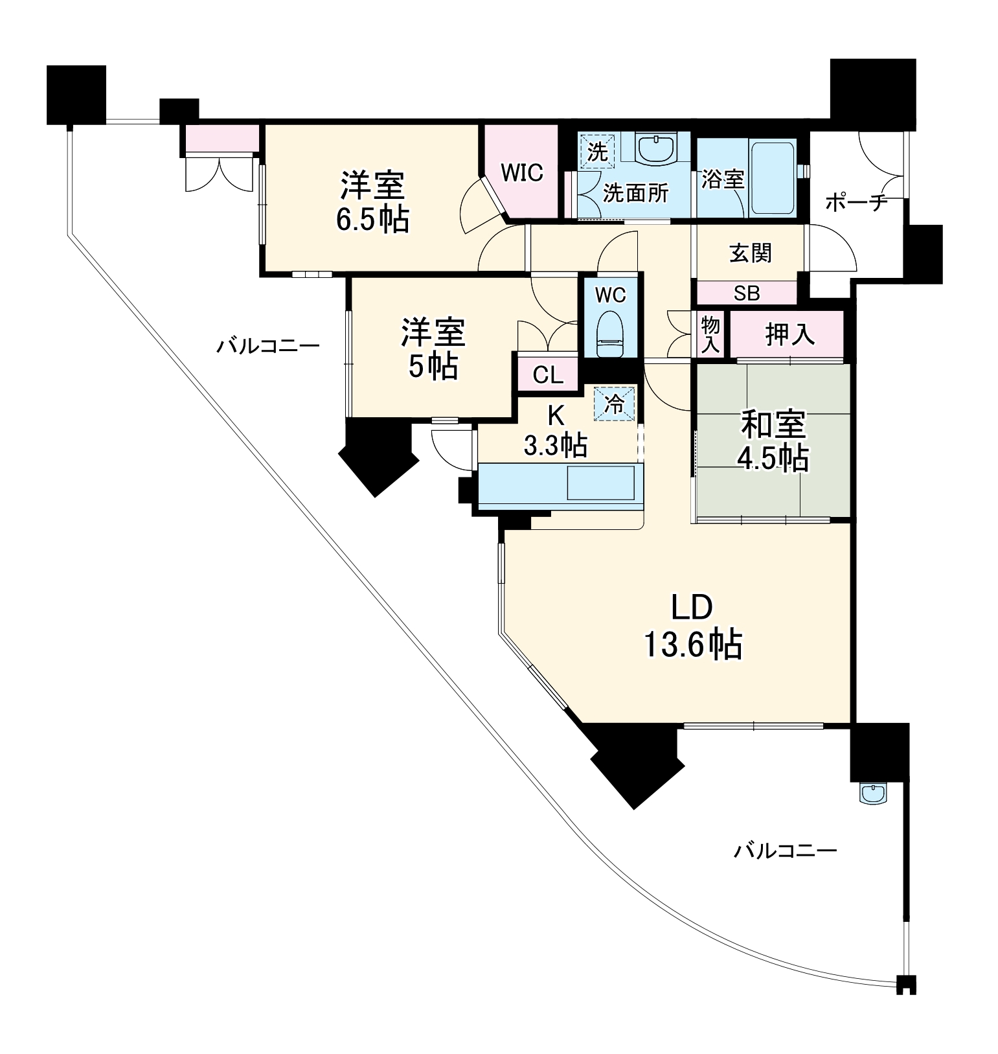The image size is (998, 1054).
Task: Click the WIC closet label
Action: click(521, 173)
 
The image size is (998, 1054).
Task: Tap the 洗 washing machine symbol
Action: click(597, 152)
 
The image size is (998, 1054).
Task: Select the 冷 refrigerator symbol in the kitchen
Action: click(615, 404)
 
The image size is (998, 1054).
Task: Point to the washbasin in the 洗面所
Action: click(657, 149)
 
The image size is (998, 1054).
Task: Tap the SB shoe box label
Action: click(746, 293)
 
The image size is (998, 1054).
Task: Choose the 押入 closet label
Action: click(789, 334)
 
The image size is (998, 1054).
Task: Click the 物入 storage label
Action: click(710, 335)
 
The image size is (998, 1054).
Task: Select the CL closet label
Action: click(547, 375)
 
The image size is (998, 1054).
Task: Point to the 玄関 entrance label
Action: click(751, 253)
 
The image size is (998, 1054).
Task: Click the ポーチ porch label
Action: click(856, 203)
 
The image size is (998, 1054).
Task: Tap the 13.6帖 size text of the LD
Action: click(692, 644)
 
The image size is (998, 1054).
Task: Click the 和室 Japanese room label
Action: click(773, 425)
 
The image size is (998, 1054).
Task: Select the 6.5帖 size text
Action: click(372, 220)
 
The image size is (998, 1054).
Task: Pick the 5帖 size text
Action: click(433, 367)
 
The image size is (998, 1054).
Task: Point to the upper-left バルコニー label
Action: click(267, 345)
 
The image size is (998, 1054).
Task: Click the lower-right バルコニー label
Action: click(785, 849)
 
